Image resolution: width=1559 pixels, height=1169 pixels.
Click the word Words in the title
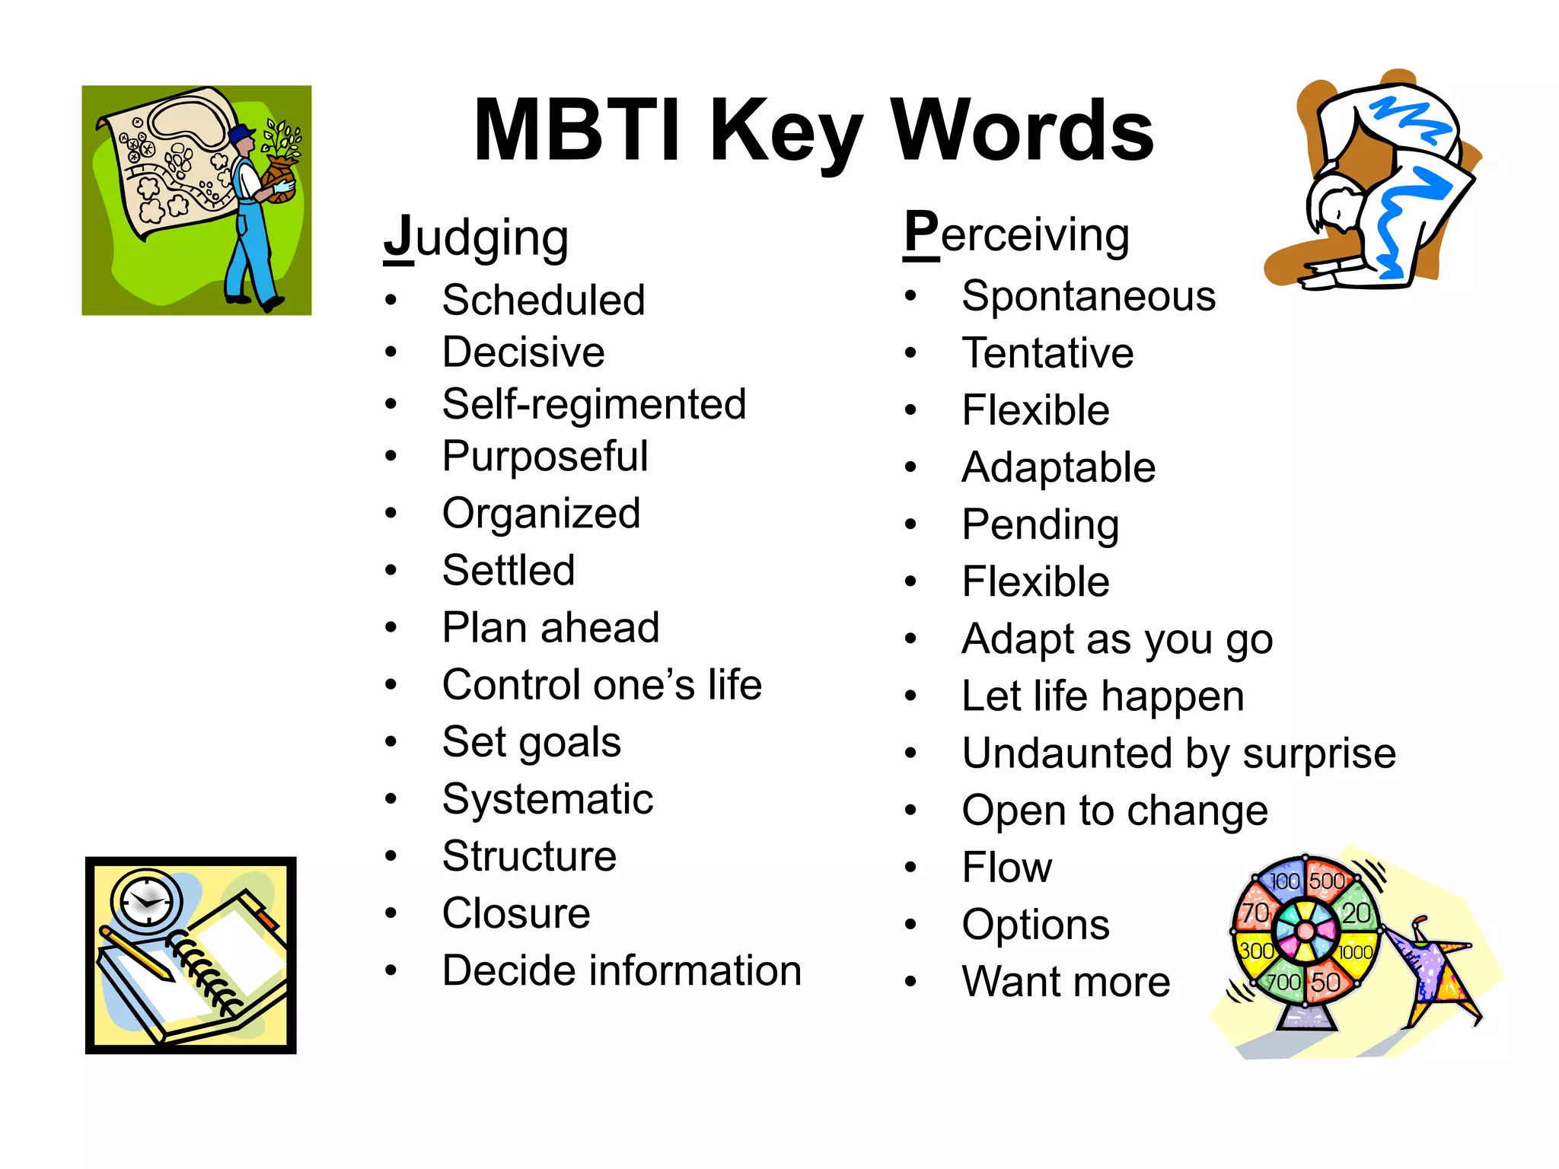(x=1022, y=131)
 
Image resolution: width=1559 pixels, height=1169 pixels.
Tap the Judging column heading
(x=476, y=238)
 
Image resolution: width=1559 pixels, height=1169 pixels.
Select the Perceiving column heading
(x=1016, y=234)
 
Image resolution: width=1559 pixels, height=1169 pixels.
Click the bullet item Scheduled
(x=544, y=299)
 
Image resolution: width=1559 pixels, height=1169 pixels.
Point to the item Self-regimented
(x=594, y=403)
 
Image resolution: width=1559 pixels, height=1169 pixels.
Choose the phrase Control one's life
(x=601, y=684)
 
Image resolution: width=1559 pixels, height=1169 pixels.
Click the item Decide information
(x=621, y=970)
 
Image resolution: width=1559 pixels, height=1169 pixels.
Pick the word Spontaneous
(x=1088, y=295)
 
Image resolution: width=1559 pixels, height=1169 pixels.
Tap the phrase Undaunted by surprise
(x=1178, y=753)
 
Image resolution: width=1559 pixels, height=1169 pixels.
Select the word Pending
(x=1040, y=524)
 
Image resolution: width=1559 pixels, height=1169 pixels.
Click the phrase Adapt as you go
(x=1117, y=639)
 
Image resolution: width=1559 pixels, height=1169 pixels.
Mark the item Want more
(x=1066, y=981)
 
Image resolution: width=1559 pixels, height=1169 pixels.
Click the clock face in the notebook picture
(x=147, y=902)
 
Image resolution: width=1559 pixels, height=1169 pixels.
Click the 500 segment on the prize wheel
(x=1326, y=881)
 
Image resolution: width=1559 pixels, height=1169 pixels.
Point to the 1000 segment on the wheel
(x=1355, y=952)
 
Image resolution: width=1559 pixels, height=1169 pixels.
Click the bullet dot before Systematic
(x=391, y=798)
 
